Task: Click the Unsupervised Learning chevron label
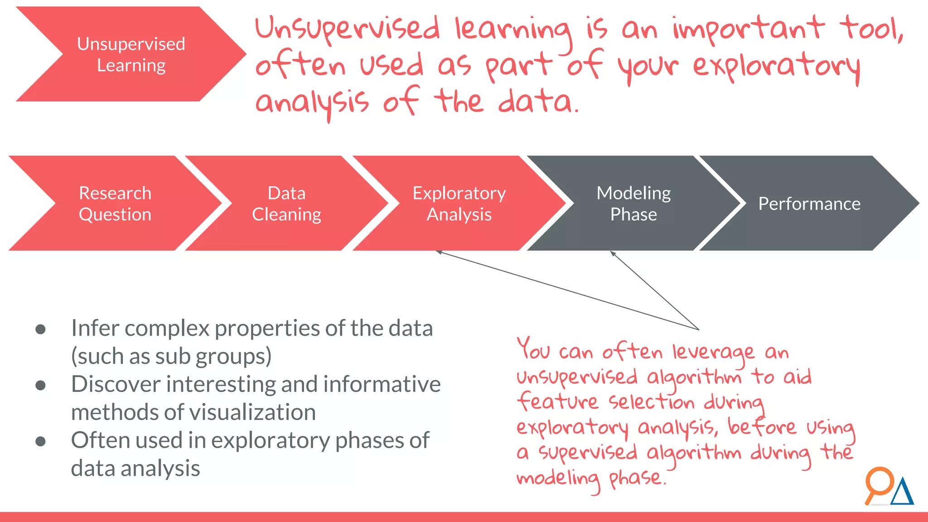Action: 131,54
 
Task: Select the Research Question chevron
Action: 115,203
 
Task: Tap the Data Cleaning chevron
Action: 286,203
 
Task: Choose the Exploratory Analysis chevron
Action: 459,203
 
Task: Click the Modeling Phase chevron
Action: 633,203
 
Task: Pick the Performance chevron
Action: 809,203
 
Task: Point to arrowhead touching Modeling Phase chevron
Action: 613,253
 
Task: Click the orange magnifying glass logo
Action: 879,483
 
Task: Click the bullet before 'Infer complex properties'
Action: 40,329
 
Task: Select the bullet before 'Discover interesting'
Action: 40,385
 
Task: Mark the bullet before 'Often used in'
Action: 40,441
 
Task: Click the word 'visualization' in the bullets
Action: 252,412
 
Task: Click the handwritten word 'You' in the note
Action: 533,349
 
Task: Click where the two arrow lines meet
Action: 698,329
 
